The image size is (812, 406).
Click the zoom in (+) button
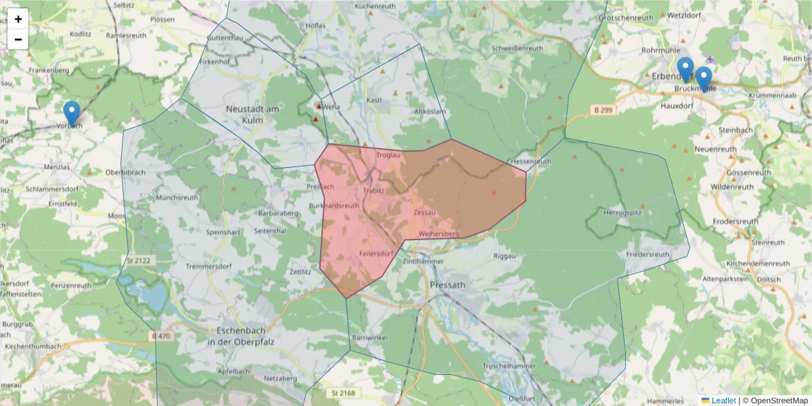tap(18, 19)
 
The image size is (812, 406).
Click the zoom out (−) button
tap(18, 39)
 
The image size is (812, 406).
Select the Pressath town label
tap(447, 285)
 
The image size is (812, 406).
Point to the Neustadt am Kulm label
tap(252, 114)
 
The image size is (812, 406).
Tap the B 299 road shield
tap(604, 110)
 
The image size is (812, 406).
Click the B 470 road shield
tap(160, 336)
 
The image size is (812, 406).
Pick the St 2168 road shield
tap(344, 392)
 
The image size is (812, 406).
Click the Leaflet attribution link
tap(723, 401)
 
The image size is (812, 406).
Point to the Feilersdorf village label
tap(376, 254)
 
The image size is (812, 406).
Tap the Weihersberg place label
tap(438, 234)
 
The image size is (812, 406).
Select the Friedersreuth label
tap(648, 254)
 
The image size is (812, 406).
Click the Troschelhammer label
tap(510, 365)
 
